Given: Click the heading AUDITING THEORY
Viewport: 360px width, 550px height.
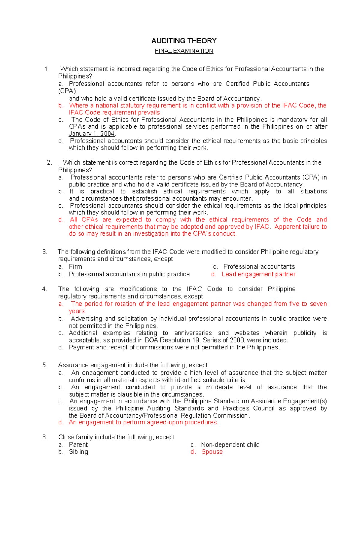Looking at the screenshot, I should (184, 41).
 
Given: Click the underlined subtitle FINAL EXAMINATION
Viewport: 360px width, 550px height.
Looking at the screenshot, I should (184, 51).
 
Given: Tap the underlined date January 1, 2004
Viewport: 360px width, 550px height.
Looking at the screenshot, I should (92, 134).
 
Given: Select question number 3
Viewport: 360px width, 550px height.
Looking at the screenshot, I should (45, 252).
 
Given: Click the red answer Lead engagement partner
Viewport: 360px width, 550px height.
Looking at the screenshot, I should (258, 274).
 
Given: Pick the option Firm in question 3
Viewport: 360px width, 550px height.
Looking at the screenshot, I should (75, 267).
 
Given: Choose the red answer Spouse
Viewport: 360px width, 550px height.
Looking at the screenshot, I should (212, 452).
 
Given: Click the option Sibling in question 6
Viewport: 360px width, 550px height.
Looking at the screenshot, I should (78, 452).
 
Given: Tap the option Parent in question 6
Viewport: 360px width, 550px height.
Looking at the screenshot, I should (78, 445).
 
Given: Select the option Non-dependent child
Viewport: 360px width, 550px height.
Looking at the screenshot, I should (230, 445).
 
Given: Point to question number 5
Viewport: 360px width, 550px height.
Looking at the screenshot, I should (45, 365).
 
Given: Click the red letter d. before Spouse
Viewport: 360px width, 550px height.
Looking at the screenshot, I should (193, 452).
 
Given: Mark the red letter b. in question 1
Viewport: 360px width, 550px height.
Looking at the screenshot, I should (61, 106).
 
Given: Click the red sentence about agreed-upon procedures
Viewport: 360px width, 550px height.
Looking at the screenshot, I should (143, 423).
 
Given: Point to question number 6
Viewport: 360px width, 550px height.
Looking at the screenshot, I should (45, 437).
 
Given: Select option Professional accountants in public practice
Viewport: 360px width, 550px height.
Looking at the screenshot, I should (129, 274).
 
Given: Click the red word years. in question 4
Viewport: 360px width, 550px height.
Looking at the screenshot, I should (77, 311).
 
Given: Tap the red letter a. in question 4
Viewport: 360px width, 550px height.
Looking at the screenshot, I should (61, 304).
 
